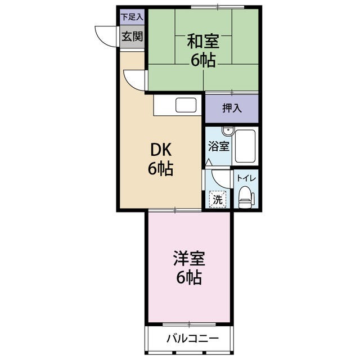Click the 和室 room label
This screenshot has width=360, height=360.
pyautogui.click(x=202, y=42)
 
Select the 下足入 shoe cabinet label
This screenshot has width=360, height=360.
pyautogui.click(x=133, y=17)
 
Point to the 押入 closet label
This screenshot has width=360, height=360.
pyautogui.click(x=231, y=109)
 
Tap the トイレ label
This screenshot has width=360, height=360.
pyautogui.click(x=246, y=178)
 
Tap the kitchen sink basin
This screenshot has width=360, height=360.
pyautogui.click(x=186, y=105)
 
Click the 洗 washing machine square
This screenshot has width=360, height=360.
pyautogui.click(x=217, y=198)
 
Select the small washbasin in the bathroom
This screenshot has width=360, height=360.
pyautogui.click(x=227, y=132)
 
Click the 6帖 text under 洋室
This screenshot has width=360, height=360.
pyautogui.click(x=188, y=278)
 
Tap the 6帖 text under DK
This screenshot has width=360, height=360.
pyautogui.click(x=160, y=169)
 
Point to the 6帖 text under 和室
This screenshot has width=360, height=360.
pyautogui.click(x=202, y=61)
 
